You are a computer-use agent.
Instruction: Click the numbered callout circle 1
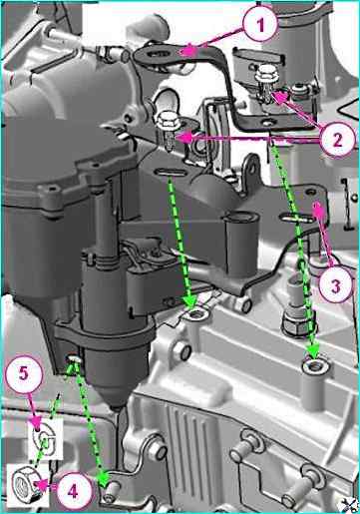tap(260, 24)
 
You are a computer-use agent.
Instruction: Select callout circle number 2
tap(337, 140)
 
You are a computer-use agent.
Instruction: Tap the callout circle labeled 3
tap(335, 284)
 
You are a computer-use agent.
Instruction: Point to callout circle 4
tap(73, 490)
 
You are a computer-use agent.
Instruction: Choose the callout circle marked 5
tap(24, 374)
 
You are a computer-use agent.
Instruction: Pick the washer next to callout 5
tap(44, 439)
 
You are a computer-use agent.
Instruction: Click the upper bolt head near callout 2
tap(266, 73)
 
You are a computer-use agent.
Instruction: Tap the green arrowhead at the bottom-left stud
tap(104, 476)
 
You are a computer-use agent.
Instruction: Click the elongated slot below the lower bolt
tap(171, 173)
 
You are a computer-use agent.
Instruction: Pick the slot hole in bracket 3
tap(297, 219)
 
